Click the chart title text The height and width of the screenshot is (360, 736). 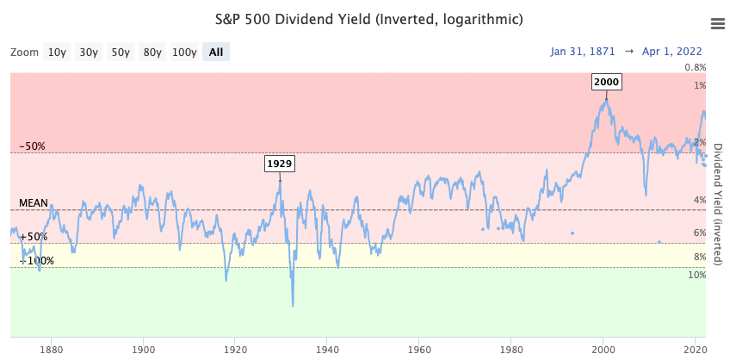point(368,19)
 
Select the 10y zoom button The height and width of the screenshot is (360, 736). point(57,53)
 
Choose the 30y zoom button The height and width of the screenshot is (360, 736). point(89,53)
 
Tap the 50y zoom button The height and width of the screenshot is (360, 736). point(121,53)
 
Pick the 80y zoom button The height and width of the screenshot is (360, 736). point(152,53)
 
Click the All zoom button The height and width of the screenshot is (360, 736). point(215,53)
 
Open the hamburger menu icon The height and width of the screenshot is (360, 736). point(716,23)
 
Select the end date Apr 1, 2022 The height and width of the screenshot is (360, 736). point(674,53)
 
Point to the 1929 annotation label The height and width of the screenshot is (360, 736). point(279,164)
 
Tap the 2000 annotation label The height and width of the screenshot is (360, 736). point(606,82)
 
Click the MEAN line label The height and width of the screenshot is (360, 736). point(34,203)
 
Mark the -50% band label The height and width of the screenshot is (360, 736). point(33,146)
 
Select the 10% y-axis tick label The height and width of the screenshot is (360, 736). point(696,276)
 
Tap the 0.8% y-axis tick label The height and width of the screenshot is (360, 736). point(695,68)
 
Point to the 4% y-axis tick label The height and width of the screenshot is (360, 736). point(701,201)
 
